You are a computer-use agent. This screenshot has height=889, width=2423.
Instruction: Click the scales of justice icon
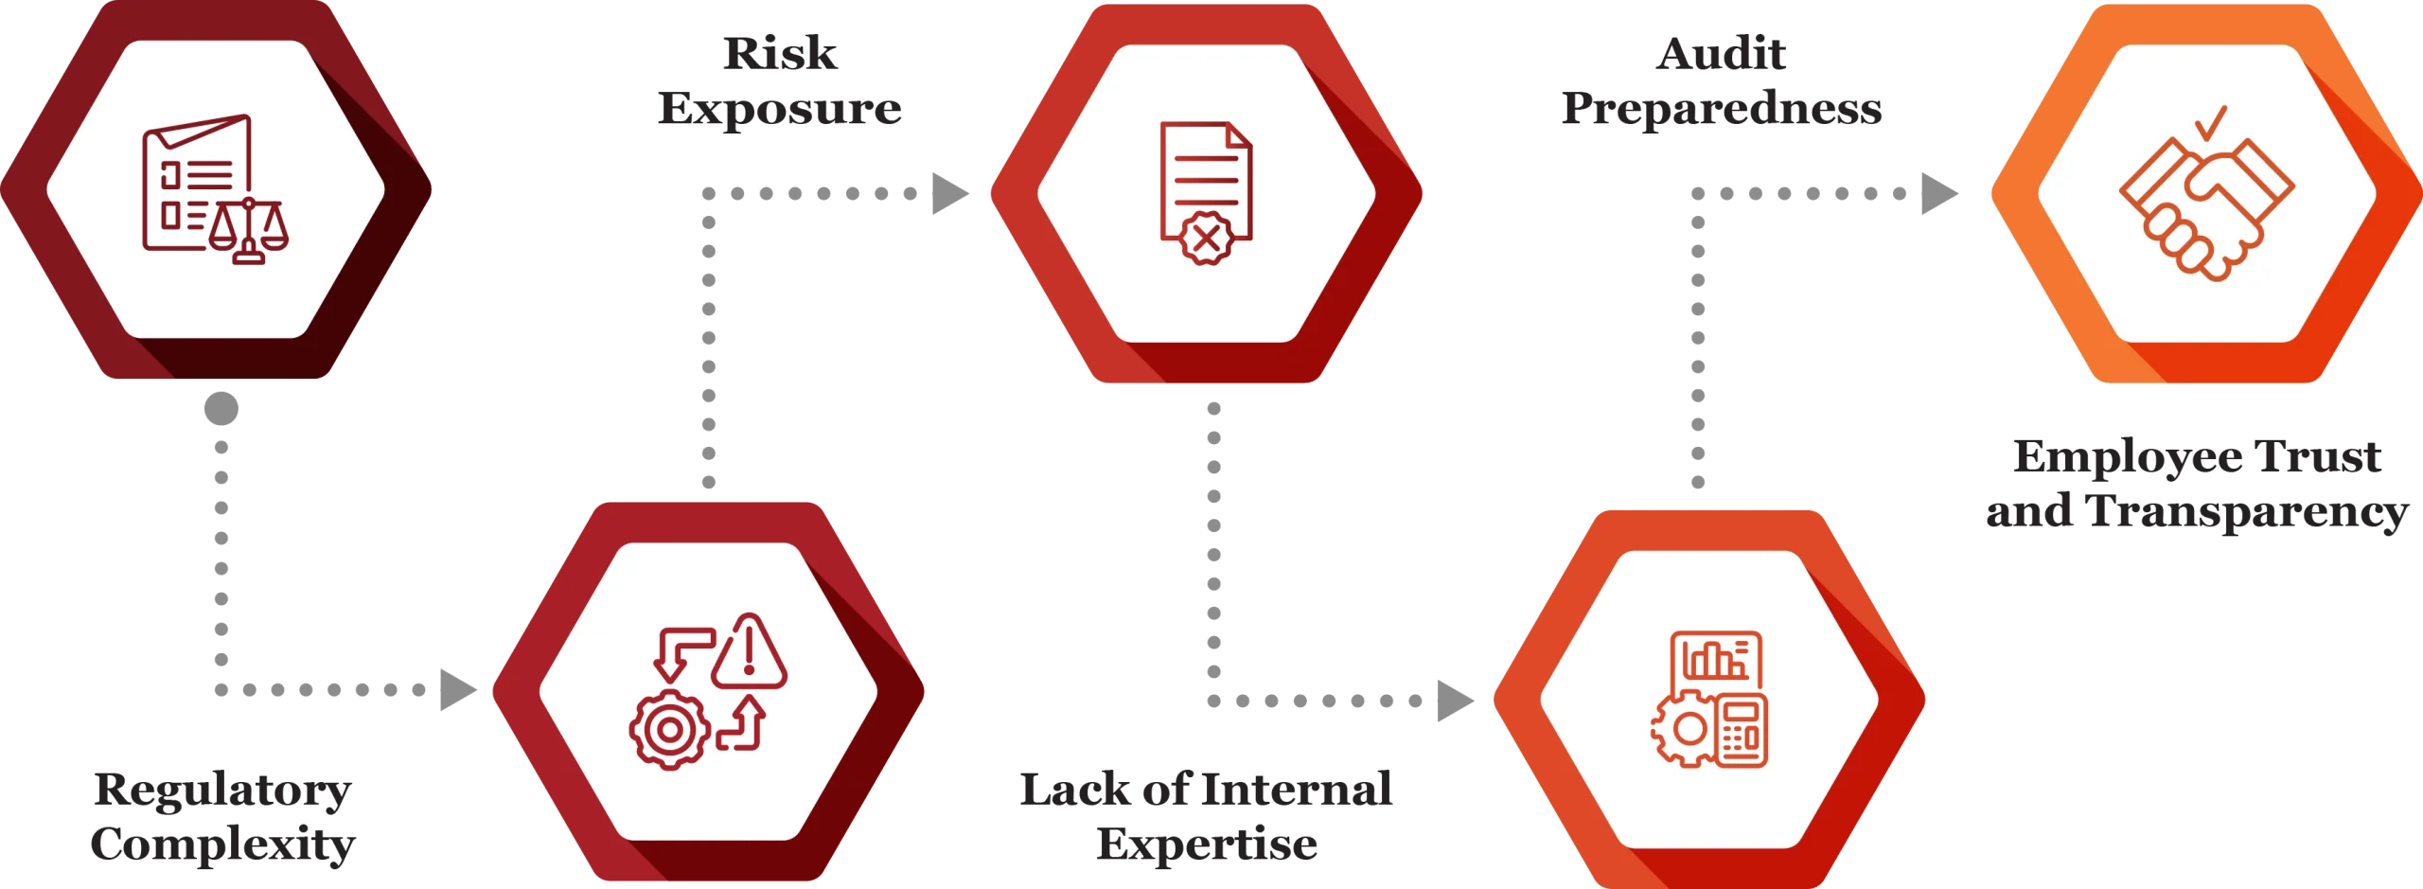coord(249,230)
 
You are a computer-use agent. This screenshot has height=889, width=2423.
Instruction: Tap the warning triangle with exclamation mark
coord(749,651)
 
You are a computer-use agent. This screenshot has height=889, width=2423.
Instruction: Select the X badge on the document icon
coord(1204,240)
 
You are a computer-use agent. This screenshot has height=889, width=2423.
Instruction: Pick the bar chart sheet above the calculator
coord(1716,659)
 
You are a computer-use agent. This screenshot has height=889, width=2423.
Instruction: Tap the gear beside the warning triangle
coord(669,729)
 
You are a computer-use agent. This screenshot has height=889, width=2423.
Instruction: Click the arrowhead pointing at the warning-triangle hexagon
coord(461,689)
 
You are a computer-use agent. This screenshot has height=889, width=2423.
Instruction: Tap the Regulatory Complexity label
coord(223,818)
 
